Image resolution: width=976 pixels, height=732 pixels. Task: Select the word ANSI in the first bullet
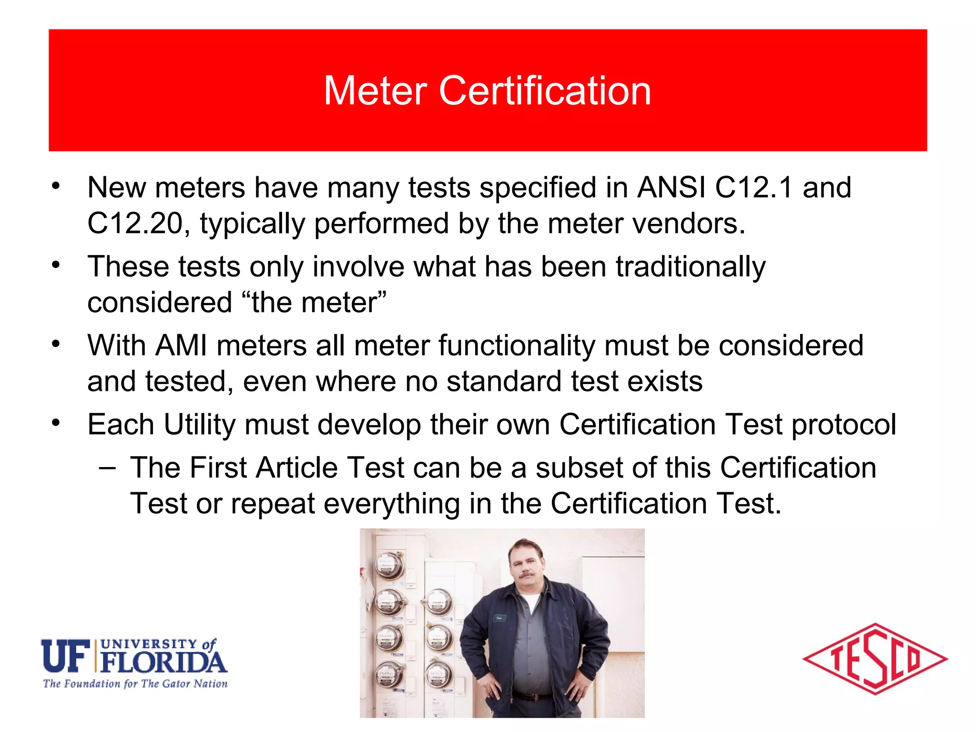[x=671, y=187]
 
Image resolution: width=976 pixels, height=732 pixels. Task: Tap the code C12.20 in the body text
[x=135, y=224]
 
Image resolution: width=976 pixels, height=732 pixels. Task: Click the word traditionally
[x=691, y=266]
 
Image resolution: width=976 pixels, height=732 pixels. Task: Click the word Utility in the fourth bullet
[x=199, y=425]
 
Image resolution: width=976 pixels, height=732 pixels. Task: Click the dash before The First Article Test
[x=107, y=468]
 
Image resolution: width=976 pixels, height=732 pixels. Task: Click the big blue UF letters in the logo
[x=66, y=656]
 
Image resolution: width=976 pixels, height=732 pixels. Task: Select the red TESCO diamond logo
[x=875, y=659]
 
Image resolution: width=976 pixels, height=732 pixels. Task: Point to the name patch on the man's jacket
[x=499, y=618]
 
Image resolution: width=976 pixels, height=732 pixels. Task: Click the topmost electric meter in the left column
[x=390, y=566]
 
